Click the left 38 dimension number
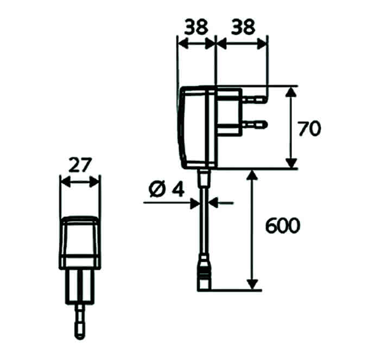[196, 27]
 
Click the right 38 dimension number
[243, 27]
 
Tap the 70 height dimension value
[309, 129]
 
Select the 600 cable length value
[283, 226]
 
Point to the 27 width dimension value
[80, 165]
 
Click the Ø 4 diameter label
[167, 189]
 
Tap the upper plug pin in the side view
[255, 99]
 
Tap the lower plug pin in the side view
[255, 125]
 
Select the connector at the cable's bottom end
[204, 272]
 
